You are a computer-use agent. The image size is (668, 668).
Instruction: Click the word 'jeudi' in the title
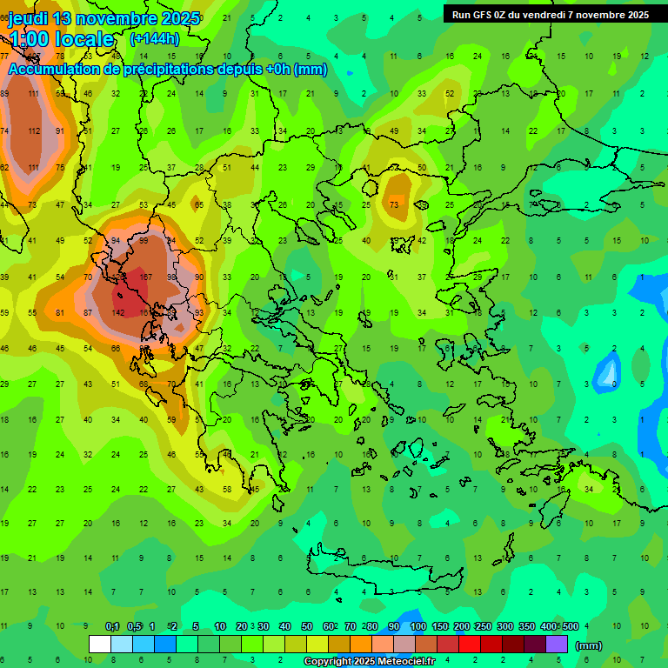29,18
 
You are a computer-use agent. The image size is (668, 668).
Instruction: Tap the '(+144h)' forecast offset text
155,38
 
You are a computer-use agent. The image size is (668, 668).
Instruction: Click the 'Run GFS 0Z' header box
550,14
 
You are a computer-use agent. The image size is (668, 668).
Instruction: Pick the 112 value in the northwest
34,131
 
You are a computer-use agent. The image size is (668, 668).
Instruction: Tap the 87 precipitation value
88,312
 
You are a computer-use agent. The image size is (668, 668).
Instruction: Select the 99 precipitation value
144,241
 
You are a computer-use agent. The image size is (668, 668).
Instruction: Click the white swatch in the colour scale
100,645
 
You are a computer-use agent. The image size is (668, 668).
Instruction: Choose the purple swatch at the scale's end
557,645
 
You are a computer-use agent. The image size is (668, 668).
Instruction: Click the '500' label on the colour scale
570,626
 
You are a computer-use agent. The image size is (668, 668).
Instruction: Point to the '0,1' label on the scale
112,626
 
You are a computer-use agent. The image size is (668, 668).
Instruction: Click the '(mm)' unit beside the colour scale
589,645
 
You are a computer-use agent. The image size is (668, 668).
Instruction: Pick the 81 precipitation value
60,312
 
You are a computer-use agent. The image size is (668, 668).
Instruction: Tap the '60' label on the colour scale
329,626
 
